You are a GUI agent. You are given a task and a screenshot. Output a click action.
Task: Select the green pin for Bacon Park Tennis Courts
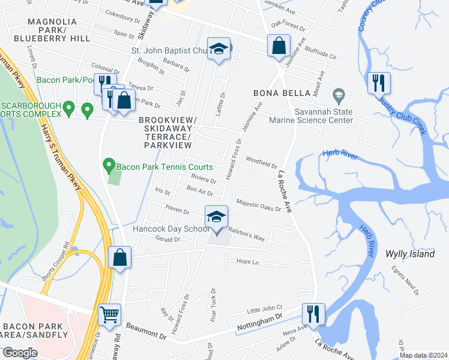coord(109,164)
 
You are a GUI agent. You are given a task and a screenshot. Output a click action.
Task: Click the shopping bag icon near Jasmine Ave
coord(279,46)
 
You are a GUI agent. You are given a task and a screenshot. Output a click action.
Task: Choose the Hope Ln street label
coord(247,262)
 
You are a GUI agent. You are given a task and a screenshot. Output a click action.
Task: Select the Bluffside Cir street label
coord(320,53)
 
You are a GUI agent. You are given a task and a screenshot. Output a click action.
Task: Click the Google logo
coord(20,352)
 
